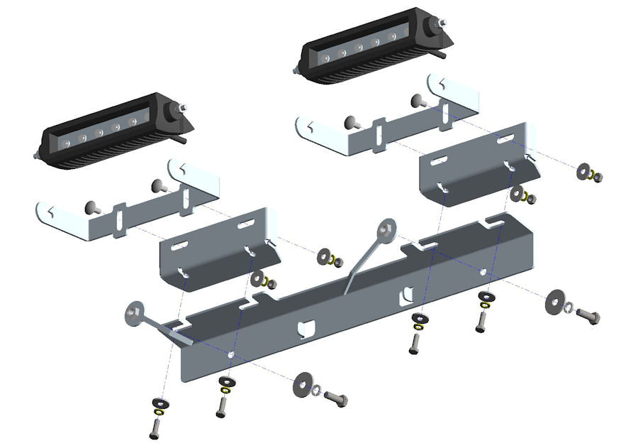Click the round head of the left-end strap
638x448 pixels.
tap(135, 313)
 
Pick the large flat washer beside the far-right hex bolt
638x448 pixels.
tap(556, 304)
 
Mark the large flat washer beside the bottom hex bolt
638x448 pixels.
tap(305, 384)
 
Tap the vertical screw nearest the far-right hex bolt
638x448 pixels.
tap(481, 324)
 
